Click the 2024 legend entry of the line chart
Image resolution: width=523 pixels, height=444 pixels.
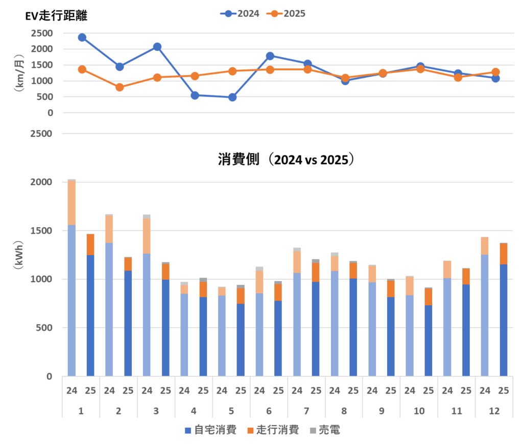[x=240, y=14]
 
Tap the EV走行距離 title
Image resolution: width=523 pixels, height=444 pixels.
[x=57, y=16]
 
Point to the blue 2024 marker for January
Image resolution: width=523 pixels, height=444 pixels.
[x=82, y=37]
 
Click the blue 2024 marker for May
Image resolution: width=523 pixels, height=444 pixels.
[x=232, y=97]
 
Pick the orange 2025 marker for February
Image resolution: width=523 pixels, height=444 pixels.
[x=120, y=87]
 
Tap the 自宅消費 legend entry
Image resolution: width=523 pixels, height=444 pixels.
[x=210, y=430]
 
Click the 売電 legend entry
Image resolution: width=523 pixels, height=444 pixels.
[x=324, y=430]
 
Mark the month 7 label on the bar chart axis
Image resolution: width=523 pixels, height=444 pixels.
[x=306, y=411]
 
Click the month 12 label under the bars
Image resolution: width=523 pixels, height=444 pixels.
[x=494, y=411]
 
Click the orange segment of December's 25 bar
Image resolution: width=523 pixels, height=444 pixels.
[x=504, y=254]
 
